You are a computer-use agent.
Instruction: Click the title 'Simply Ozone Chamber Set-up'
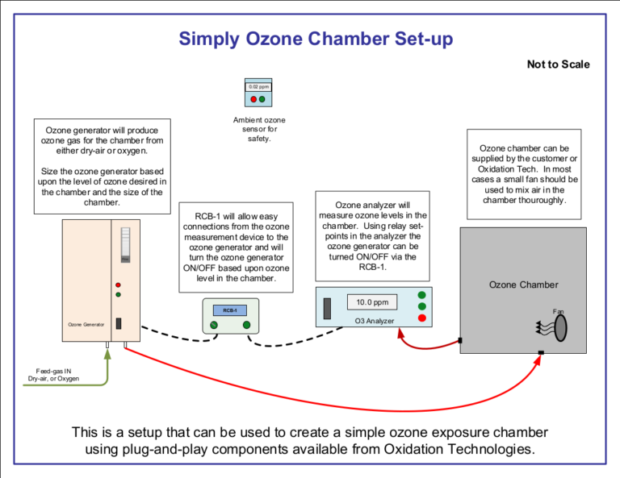click(x=316, y=38)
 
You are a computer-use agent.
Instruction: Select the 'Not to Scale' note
click(x=558, y=64)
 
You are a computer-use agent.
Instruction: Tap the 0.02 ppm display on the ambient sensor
click(x=258, y=86)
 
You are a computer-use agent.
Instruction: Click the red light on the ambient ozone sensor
click(x=253, y=99)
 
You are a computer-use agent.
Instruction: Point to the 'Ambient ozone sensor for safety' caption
click(x=258, y=129)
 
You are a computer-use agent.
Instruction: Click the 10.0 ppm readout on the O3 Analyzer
click(x=372, y=302)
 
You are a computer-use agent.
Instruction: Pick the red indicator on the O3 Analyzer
click(x=421, y=318)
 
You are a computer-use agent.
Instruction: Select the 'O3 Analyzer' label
click(x=375, y=321)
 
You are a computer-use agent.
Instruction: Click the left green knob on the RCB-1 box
click(x=214, y=325)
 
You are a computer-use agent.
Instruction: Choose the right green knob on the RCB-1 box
click(x=246, y=325)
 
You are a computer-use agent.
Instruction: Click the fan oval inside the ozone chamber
click(x=560, y=327)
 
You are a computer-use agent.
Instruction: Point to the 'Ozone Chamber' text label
click(x=523, y=285)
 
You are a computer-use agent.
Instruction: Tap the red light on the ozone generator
click(x=118, y=285)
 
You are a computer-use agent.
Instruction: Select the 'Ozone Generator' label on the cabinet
click(x=86, y=324)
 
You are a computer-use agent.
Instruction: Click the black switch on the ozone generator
click(x=119, y=323)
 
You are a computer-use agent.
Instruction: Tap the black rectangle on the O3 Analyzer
click(x=328, y=309)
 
